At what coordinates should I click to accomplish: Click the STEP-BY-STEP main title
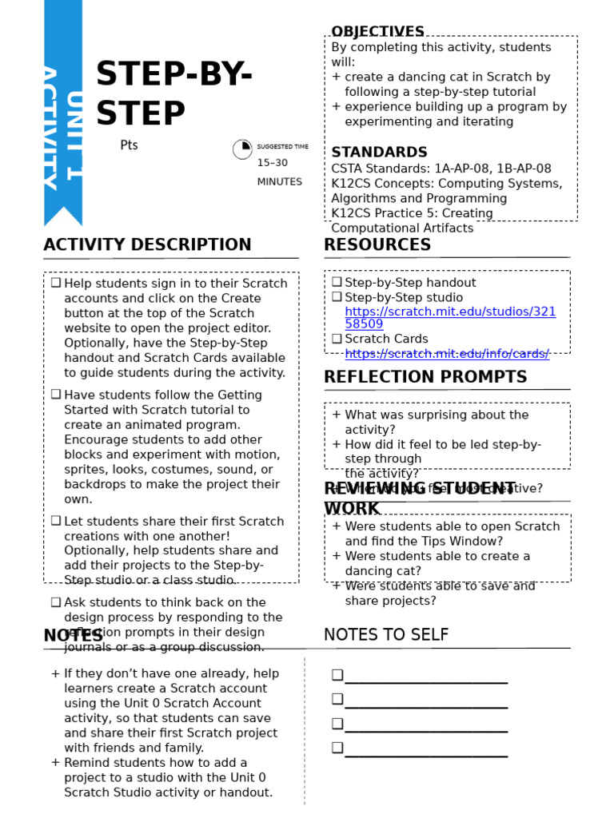pos(174,94)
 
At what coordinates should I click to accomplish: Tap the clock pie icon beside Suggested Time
pos(242,149)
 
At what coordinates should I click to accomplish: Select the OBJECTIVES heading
pos(377,32)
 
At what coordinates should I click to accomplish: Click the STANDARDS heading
pos(379,153)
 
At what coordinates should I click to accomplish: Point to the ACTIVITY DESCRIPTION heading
pos(147,245)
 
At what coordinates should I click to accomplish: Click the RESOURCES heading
pos(377,245)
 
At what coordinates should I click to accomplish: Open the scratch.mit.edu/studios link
pos(449,318)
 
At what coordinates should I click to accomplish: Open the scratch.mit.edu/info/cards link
pos(447,354)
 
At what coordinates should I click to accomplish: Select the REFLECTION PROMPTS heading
pos(425,377)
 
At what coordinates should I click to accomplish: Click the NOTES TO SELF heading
pos(386,635)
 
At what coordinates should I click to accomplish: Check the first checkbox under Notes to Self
pos(337,675)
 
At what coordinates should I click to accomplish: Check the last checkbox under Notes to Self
pos(337,748)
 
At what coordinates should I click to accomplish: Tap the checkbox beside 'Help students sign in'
pos(56,283)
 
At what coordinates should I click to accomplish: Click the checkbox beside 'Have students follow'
pos(56,395)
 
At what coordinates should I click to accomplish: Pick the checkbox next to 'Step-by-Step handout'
pos(337,282)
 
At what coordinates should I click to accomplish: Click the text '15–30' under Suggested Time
pos(272,163)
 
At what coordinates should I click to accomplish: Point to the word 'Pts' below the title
pos(129,145)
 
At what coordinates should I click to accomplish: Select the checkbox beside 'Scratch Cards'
pos(337,339)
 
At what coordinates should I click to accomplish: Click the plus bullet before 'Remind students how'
pos(55,763)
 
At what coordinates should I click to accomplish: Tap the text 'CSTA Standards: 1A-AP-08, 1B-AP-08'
pos(441,169)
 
